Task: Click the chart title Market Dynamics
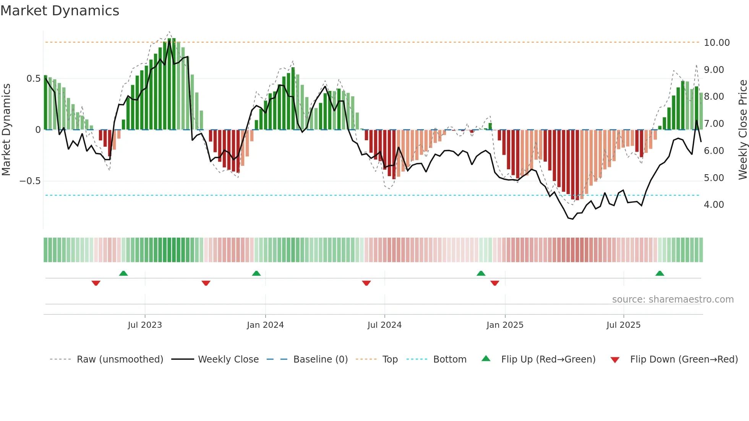[60, 11]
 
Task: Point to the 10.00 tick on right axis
[717, 43]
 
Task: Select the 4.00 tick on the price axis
[713, 205]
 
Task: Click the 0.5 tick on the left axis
[33, 79]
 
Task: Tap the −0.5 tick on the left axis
[30, 181]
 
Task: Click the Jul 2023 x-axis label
[145, 325]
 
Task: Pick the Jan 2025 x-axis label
[505, 325]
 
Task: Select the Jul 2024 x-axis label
[384, 325]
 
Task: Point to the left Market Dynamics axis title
[6, 130]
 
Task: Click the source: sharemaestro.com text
[673, 300]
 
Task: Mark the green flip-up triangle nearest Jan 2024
[256, 274]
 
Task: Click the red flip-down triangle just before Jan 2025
[495, 283]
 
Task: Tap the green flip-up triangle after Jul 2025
[660, 274]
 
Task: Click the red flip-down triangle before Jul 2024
[366, 283]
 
